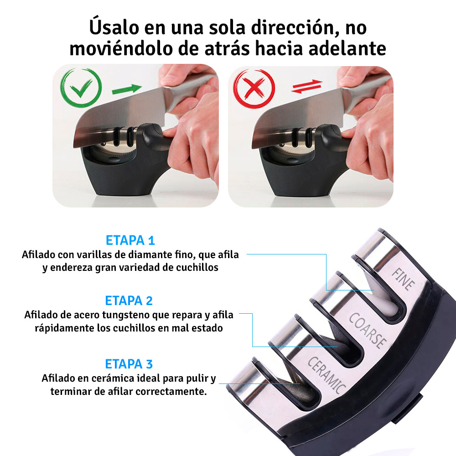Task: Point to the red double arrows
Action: pos(306,87)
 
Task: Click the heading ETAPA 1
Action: pos(130,240)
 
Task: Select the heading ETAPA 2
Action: pos(129,301)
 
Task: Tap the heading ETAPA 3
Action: pos(129,364)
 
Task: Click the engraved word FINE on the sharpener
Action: pos(403,279)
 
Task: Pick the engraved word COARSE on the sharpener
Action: pos(368,330)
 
